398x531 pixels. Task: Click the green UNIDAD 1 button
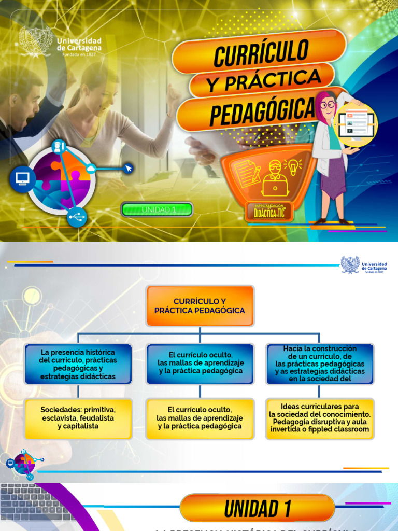click(x=157, y=209)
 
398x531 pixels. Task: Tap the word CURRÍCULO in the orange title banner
click(x=262, y=52)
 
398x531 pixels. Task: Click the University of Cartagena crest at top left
click(x=35, y=41)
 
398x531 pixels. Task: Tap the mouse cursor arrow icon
click(x=128, y=168)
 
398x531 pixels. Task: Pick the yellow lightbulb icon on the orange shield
click(x=293, y=167)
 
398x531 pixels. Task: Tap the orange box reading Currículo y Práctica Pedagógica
click(x=200, y=305)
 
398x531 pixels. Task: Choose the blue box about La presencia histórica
click(x=78, y=364)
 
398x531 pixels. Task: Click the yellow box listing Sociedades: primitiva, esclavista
click(x=78, y=418)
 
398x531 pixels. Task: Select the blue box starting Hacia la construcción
click(x=320, y=364)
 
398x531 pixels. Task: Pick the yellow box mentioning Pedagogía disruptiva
click(x=320, y=418)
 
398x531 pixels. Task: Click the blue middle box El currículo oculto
click(x=200, y=364)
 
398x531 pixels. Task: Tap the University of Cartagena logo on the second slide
click(x=364, y=264)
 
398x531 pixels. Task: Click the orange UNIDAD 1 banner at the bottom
click(x=258, y=508)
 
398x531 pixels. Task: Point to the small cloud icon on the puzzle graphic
click(x=91, y=167)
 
